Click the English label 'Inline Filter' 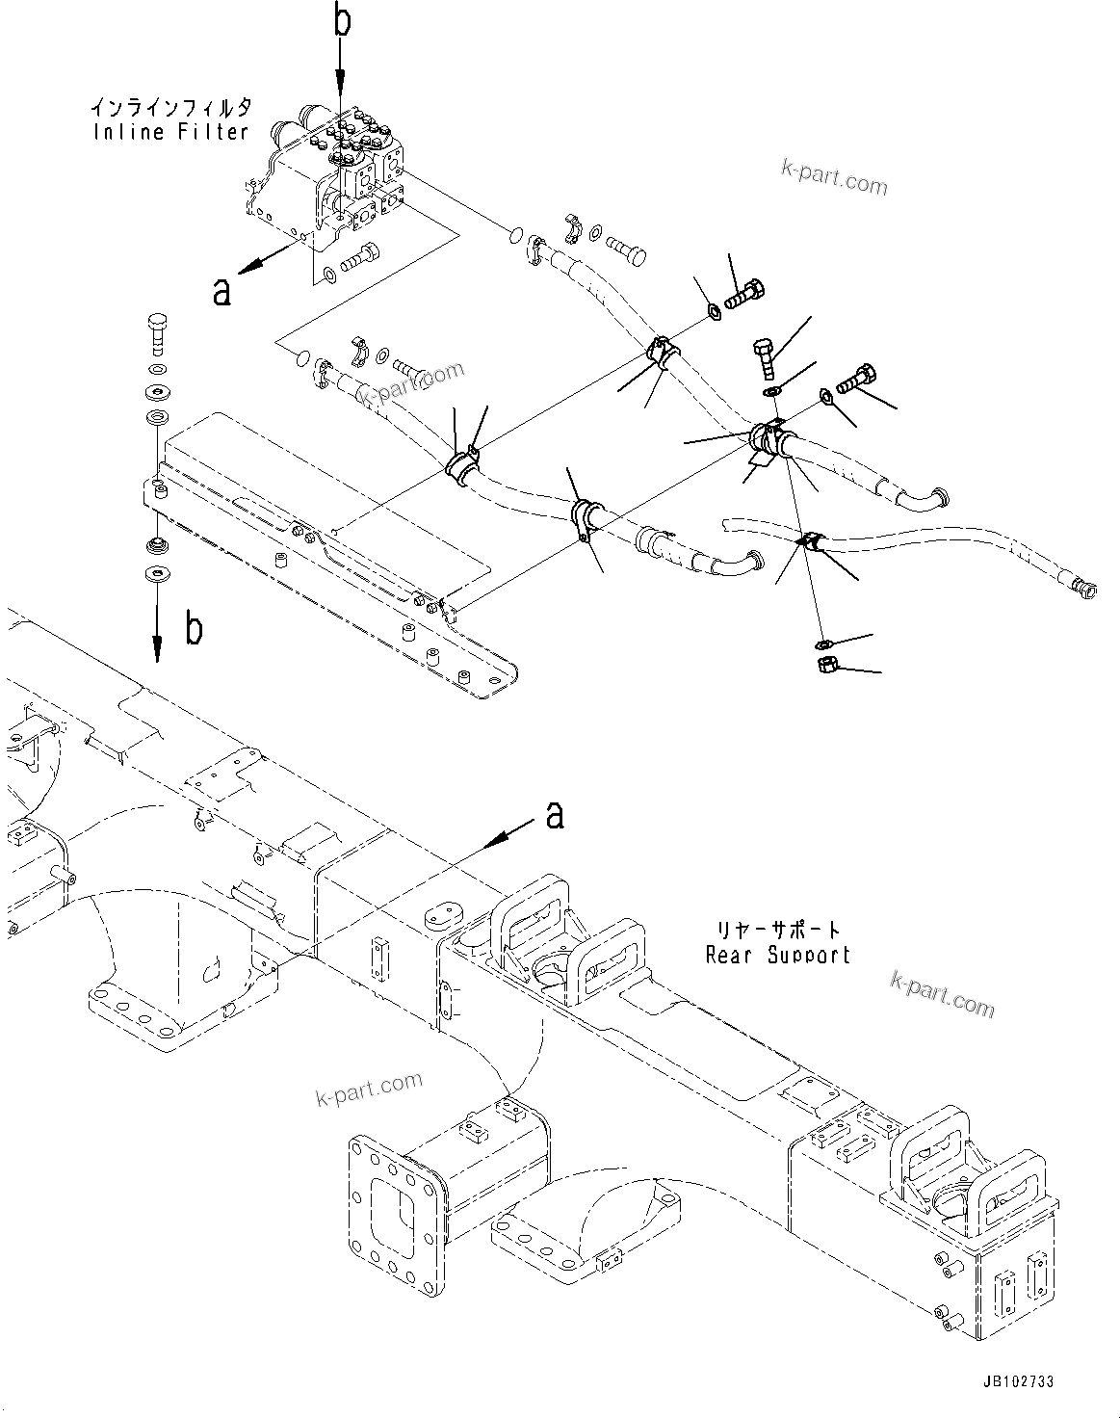170,132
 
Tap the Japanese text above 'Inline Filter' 170,105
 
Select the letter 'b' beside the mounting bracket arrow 194,629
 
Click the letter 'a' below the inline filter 222,290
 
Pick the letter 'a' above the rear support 555,815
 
